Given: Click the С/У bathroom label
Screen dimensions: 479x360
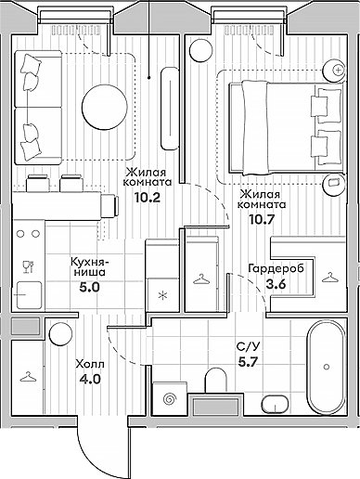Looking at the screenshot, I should (247, 346).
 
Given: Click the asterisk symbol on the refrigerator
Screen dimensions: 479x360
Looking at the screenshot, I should (163, 297).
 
